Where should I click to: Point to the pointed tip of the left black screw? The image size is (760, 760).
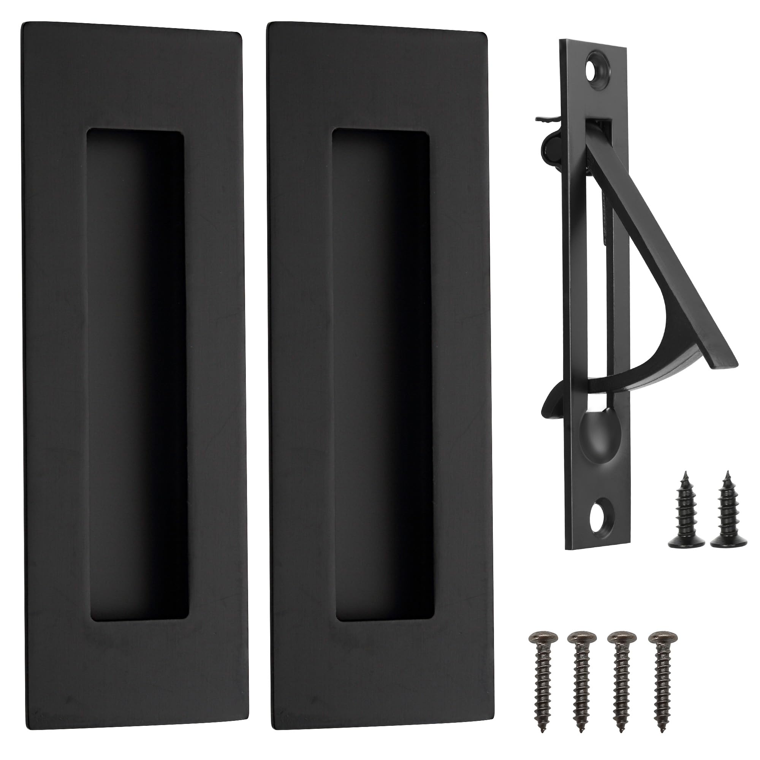pos(686,473)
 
